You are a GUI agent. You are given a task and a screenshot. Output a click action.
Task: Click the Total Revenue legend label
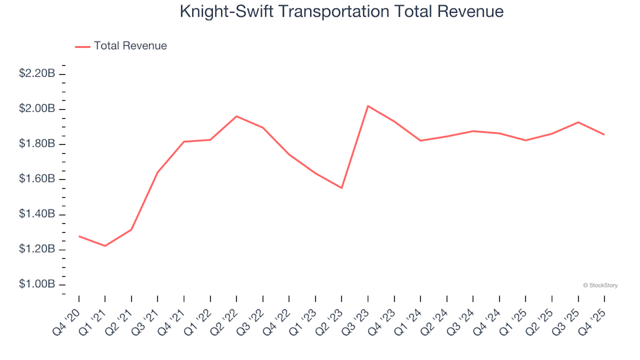130,46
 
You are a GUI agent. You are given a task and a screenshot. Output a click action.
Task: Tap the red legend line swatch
83,46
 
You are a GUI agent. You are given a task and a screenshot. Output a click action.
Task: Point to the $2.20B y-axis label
37,73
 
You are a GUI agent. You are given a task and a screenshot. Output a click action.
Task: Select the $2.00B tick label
37,109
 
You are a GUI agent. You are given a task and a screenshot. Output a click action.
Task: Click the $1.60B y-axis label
37,179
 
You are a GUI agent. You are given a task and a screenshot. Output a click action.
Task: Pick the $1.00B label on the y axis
37,285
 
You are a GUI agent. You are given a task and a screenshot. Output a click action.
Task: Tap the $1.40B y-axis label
37,215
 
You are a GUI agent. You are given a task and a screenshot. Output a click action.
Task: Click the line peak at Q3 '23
368,105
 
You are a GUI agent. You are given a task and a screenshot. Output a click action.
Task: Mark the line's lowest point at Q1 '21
105,246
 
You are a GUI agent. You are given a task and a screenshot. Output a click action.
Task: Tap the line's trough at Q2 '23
341,188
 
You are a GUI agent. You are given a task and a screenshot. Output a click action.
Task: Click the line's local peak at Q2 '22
237,116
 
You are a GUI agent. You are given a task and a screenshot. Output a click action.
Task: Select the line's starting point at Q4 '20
79,236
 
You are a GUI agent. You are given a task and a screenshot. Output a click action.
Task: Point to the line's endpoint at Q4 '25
604,135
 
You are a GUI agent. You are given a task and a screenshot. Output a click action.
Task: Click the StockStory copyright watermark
600,285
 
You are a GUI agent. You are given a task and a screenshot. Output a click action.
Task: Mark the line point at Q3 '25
578,122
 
